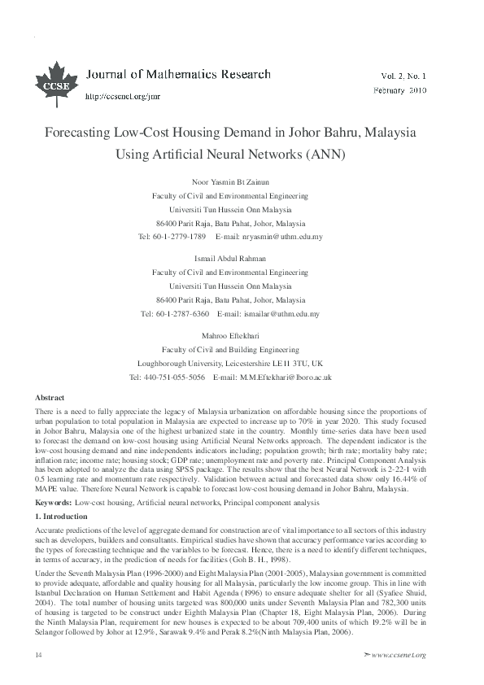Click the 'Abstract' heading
click(x=50, y=396)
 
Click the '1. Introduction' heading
click(x=62, y=494)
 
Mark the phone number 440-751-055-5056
click(x=175, y=377)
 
